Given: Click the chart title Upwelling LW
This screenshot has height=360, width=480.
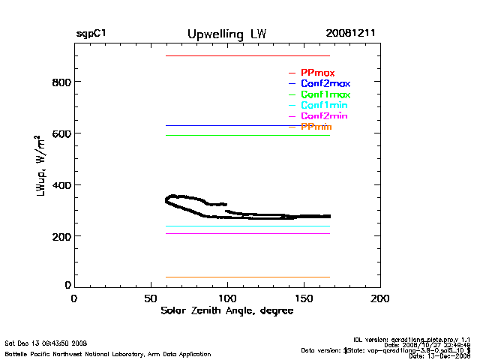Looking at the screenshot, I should click(226, 34).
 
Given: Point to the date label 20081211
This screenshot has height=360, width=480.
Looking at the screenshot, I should click(351, 34).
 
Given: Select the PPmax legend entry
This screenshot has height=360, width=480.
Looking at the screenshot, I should click(317, 73).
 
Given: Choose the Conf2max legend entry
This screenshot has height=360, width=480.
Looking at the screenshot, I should click(325, 84).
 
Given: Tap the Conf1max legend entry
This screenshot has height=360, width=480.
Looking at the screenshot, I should click(325, 95).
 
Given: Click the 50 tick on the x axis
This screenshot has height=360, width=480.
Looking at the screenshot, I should click(151, 298).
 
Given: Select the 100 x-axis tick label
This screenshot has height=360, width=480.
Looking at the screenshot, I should click(227, 298).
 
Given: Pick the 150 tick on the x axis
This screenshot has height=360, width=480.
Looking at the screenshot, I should click(304, 298).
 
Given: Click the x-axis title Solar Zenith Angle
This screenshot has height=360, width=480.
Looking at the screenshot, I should click(226, 310).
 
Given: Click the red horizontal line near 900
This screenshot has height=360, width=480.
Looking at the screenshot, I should click(247, 55).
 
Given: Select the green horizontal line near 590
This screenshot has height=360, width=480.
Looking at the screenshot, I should click(247, 135).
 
